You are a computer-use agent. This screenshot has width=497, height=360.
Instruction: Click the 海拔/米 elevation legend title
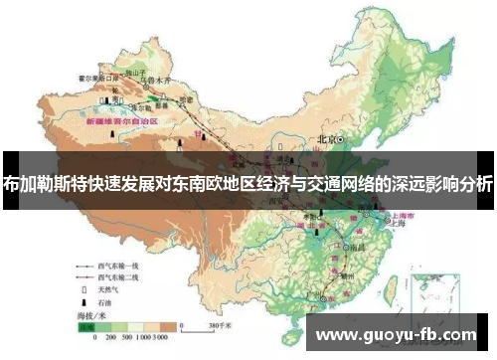coord(92,314)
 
